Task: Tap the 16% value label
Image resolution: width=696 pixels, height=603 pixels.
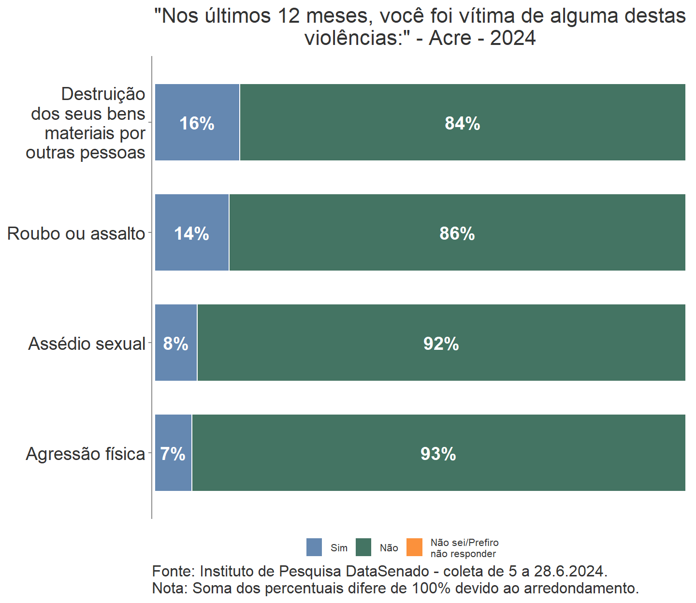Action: (x=197, y=124)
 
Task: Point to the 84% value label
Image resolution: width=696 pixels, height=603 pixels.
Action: (x=463, y=124)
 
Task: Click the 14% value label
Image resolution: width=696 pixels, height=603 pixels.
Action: (x=191, y=234)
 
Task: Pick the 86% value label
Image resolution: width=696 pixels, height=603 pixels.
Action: (x=457, y=234)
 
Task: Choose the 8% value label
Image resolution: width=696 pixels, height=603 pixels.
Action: (x=175, y=344)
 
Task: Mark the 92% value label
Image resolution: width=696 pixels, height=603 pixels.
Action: (x=441, y=344)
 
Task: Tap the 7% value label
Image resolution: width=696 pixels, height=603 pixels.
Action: (x=173, y=454)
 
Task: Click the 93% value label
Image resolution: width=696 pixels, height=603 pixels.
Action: (x=438, y=454)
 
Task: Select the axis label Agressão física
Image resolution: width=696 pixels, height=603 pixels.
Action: (x=86, y=454)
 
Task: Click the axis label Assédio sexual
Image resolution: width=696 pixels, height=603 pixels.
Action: (x=87, y=344)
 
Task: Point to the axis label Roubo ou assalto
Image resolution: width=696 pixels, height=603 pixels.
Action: (x=76, y=234)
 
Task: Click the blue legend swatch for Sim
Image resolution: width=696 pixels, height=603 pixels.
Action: (x=314, y=547)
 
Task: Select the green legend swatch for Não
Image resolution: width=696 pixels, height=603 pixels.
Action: (x=363, y=547)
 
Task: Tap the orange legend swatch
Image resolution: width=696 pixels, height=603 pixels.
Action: (x=414, y=547)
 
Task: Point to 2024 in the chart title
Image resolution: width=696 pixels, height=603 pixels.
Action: (x=513, y=38)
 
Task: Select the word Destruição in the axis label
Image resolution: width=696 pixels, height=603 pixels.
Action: (x=103, y=94)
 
